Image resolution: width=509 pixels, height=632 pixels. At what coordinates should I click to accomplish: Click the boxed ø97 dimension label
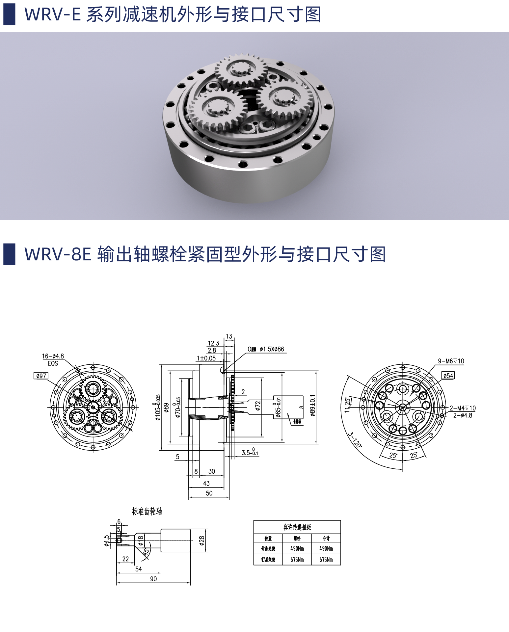41,376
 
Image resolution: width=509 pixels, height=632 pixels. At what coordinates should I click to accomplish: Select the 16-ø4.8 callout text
53,356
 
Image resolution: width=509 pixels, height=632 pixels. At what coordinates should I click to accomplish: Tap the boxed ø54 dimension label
448,376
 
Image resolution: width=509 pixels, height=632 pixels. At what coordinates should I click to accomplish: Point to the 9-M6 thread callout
451,361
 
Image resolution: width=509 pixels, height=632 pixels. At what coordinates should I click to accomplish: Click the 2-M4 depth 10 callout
463,408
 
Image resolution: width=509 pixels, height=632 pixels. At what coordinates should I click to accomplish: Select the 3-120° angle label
355,440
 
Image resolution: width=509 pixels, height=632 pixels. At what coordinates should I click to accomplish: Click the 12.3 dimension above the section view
213,343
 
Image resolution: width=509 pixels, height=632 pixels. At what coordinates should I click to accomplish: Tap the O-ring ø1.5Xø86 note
266,349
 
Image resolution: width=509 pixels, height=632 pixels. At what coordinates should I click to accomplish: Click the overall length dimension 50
209,493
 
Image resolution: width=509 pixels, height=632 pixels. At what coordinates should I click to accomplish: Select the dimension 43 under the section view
206,483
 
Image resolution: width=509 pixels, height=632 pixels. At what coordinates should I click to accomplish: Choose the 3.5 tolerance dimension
250,453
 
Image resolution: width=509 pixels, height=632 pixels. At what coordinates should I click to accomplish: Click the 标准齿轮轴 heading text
147,511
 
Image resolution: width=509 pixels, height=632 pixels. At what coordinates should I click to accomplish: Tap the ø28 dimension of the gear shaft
202,540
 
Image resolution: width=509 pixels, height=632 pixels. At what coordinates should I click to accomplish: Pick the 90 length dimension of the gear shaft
153,579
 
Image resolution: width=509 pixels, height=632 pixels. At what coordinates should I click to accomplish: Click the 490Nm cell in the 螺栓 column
297,548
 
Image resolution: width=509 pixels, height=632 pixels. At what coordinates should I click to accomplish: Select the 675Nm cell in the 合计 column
326,560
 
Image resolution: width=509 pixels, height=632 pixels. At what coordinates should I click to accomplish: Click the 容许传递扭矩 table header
297,527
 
